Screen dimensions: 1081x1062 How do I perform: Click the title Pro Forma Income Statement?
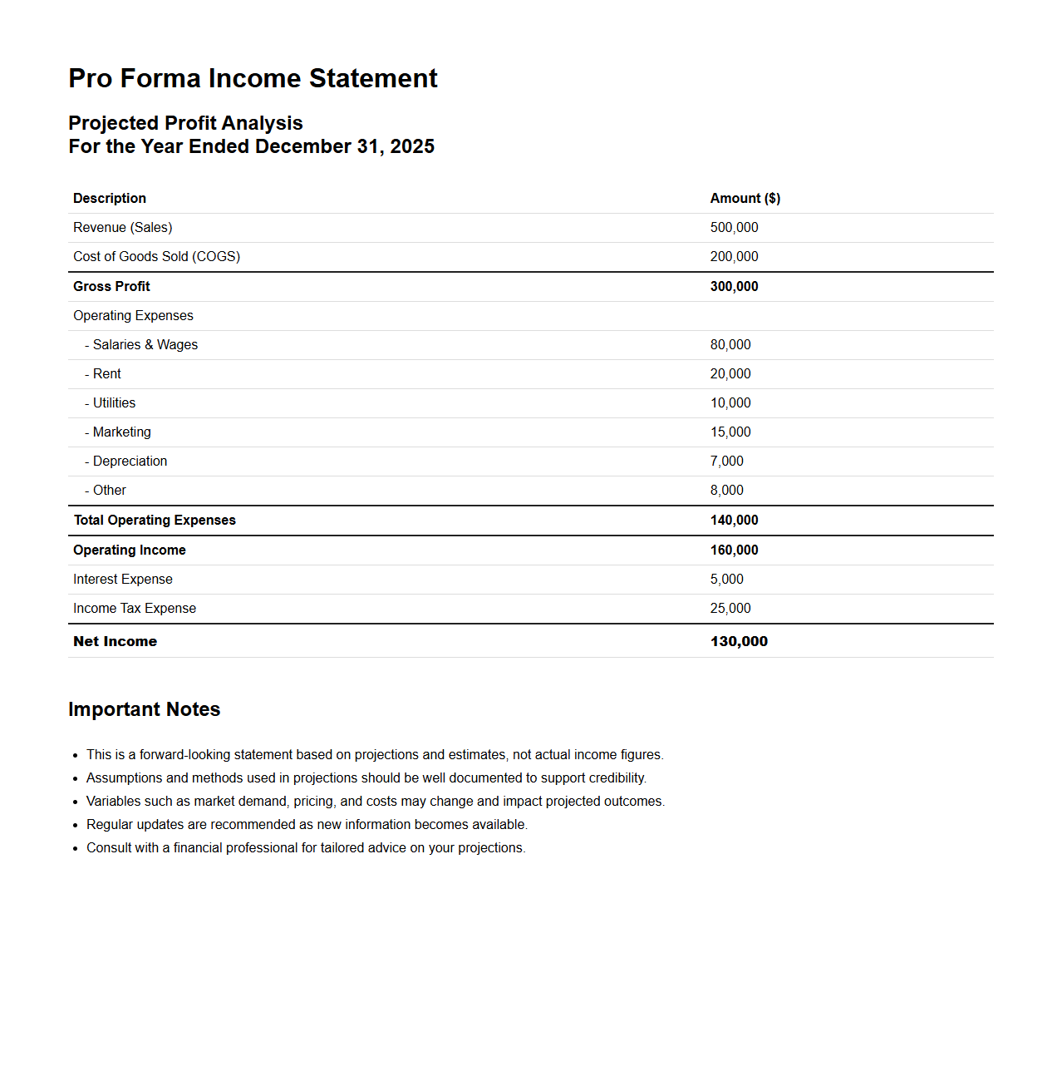point(253,78)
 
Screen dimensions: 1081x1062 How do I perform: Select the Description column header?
point(110,198)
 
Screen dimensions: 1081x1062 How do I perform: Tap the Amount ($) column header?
point(745,198)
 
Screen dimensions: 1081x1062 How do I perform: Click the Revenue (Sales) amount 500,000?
point(734,227)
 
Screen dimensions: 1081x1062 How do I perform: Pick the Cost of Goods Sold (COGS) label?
point(156,256)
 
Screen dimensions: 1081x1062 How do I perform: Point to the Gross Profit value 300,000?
point(734,286)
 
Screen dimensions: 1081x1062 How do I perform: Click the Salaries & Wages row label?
point(145,344)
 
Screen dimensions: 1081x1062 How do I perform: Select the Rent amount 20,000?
point(730,373)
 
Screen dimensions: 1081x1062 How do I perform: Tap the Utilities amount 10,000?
point(730,402)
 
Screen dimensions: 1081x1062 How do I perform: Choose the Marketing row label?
point(121,432)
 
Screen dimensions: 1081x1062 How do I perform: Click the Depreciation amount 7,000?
point(726,461)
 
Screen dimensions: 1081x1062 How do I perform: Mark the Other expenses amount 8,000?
point(726,490)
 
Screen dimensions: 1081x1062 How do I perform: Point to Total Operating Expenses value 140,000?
point(734,520)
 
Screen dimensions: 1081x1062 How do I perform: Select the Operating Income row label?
point(130,550)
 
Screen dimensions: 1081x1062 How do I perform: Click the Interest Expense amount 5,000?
point(726,579)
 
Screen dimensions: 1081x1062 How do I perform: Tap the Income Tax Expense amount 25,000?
point(730,608)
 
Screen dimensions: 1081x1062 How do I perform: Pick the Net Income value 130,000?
point(739,641)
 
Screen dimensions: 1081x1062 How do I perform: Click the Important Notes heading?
point(144,709)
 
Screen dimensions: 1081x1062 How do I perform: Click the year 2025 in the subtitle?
point(412,146)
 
